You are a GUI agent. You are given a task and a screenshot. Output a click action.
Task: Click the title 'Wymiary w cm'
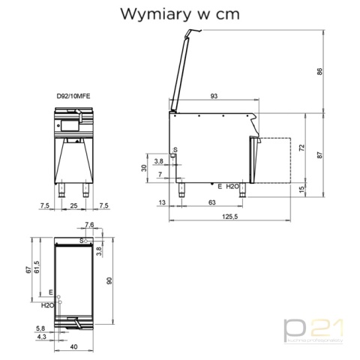[179, 14]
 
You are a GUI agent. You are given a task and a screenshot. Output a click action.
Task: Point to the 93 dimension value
[214, 96]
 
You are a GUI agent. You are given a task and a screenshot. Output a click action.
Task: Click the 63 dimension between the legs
[211, 202]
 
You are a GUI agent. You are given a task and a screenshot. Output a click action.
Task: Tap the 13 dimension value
[163, 202]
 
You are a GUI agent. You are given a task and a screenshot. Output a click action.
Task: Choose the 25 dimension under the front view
[73, 205]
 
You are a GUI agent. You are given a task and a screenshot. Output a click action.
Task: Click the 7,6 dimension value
[89, 224]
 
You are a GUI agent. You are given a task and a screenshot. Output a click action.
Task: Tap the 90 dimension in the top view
[109, 280]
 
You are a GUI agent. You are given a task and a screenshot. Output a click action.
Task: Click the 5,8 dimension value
[39, 328]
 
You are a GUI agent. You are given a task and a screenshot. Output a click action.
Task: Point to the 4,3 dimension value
[39, 337]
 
